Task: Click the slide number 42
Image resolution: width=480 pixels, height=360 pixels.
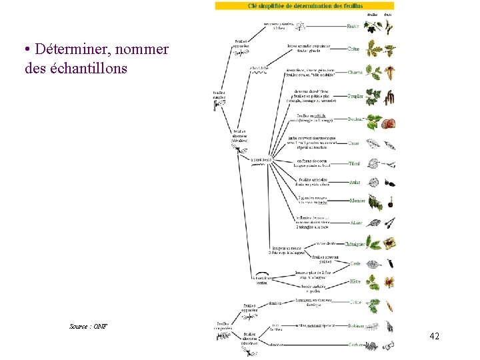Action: pyautogui.click(x=434, y=336)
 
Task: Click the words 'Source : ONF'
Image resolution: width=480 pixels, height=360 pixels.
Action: pyautogui.click(x=88, y=326)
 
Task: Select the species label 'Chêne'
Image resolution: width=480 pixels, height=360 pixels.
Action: pyautogui.click(x=354, y=49)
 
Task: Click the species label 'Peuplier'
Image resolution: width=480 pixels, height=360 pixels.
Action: pyautogui.click(x=355, y=96)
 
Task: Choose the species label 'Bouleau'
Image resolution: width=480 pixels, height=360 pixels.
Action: pyautogui.click(x=355, y=119)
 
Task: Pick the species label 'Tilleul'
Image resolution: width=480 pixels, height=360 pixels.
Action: pyautogui.click(x=355, y=163)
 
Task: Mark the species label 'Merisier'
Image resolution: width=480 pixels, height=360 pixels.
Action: pyautogui.click(x=357, y=201)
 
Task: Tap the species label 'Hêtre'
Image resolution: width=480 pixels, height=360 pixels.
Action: pyautogui.click(x=355, y=281)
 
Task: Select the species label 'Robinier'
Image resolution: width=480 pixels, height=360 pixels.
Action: pyautogui.click(x=356, y=326)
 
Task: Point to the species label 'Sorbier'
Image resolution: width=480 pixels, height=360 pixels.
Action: pyautogui.click(x=356, y=345)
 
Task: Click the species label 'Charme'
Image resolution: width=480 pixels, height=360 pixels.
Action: pyautogui.click(x=355, y=72)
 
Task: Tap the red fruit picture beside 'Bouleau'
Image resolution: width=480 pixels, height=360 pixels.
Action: pyautogui.click(x=390, y=123)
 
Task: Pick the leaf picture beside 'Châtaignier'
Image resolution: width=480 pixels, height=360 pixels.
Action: pyautogui.click(x=373, y=243)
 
